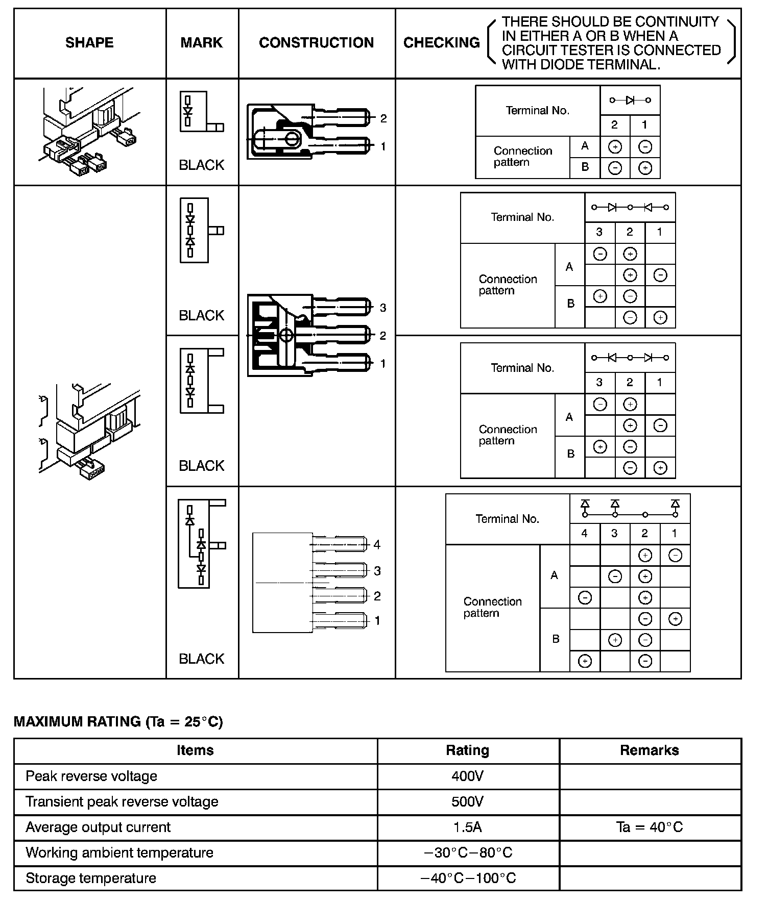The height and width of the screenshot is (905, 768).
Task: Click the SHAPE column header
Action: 89,43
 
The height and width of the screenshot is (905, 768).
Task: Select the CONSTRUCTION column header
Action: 316,43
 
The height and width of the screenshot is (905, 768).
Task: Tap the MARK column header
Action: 202,43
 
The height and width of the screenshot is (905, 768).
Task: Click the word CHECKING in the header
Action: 442,43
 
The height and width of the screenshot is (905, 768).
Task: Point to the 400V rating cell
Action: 467,776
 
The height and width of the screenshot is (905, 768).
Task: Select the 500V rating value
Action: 467,801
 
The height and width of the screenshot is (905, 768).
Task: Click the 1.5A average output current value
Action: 467,827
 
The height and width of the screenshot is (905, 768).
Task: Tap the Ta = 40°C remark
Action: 649,827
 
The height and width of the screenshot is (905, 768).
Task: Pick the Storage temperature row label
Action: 91,878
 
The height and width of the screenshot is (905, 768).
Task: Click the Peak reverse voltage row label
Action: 91,776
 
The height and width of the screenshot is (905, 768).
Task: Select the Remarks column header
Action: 649,750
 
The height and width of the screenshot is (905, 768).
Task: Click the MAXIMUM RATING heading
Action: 118,722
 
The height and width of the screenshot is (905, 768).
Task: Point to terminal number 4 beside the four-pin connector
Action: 377,545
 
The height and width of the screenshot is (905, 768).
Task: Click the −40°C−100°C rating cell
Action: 468,878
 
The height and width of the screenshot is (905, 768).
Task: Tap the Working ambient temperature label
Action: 119,852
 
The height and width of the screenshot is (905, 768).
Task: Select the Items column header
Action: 195,750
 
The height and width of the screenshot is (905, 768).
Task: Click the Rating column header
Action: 467,750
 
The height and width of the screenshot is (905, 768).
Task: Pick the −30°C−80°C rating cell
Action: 468,852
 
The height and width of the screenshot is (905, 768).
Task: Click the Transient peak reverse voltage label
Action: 122,801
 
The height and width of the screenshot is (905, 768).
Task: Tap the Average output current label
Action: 98,827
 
